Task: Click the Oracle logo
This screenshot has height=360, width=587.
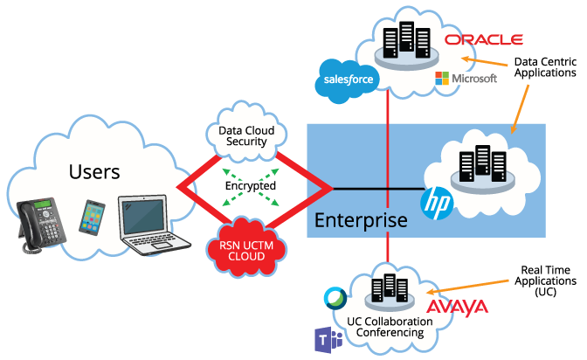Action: (483, 39)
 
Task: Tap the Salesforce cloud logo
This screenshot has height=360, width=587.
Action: (349, 79)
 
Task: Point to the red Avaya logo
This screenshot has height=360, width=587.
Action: (457, 308)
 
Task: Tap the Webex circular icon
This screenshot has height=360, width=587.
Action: (335, 299)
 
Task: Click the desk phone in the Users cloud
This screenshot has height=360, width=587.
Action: (44, 225)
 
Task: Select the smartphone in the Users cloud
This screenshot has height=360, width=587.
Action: (94, 218)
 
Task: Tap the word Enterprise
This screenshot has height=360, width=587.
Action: (361, 219)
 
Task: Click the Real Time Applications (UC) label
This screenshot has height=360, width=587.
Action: (546, 281)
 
